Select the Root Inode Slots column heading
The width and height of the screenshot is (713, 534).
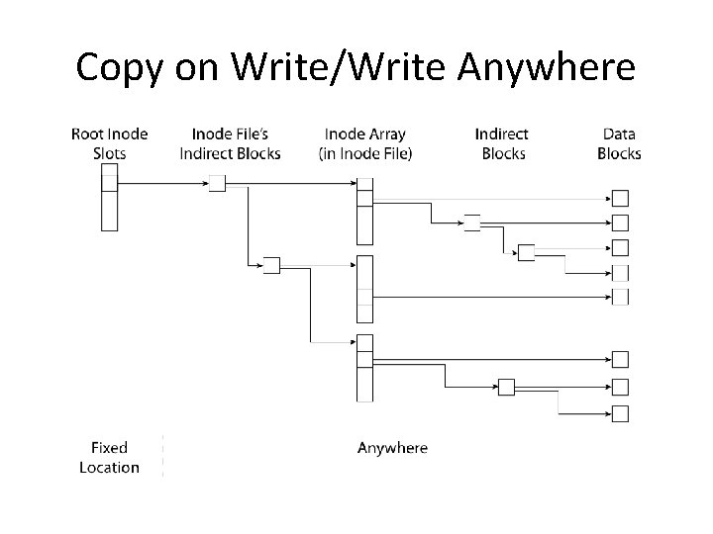[x=109, y=143]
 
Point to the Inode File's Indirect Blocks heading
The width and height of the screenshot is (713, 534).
[x=230, y=143]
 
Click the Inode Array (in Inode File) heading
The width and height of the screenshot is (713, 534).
[x=365, y=143]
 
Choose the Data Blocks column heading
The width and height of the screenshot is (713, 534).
[x=619, y=143]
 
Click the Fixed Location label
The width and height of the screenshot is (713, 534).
[x=109, y=458]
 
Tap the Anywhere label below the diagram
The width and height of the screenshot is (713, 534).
[x=392, y=448]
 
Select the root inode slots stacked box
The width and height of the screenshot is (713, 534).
[x=109, y=196]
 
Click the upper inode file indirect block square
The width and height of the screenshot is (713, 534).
[x=217, y=183]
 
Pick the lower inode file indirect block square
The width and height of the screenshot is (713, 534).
[x=271, y=265]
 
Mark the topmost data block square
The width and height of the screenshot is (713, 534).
[x=621, y=198]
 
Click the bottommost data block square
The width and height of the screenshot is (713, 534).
[x=621, y=413]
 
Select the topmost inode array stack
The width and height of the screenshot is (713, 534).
[x=364, y=210]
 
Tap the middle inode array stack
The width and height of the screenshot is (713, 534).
[x=364, y=289]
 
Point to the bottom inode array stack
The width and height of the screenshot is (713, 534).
[x=364, y=368]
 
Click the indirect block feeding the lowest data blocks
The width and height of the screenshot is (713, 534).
[x=506, y=387]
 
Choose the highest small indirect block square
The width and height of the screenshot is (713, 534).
[x=472, y=222]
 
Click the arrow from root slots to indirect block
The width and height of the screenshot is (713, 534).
[x=163, y=183]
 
